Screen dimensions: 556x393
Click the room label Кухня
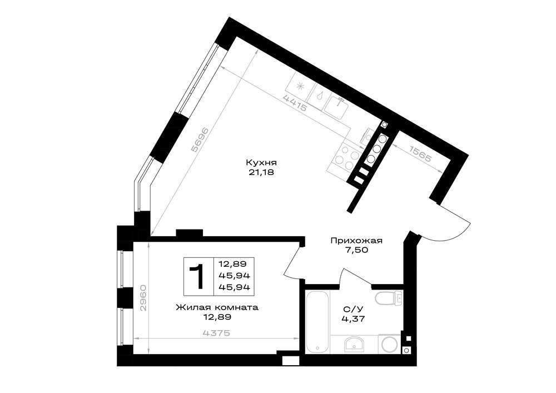(x=261, y=163)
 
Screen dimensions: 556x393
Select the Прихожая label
(x=356, y=241)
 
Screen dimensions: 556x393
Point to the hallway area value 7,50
(x=357, y=250)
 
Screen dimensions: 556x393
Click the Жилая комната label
(x=217, y=307)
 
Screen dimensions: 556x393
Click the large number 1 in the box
(x=198, y=276)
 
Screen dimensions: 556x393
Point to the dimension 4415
(x=295, y=103)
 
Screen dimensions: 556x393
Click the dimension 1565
(x=421, y=154)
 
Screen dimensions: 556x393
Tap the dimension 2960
(x=143, y=297)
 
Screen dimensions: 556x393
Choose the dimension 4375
(x=217, y=333)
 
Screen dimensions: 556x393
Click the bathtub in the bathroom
(x=317, y=322)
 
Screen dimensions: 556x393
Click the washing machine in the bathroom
(x=389, y=344)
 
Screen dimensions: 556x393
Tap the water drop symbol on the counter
(x=321, y=95)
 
